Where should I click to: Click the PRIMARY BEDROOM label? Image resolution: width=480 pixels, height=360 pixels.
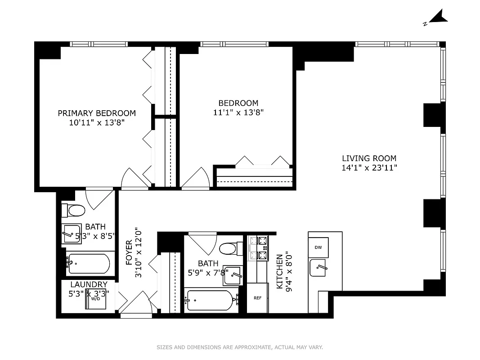pos(97,113)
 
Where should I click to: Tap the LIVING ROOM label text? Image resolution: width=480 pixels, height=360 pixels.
pos(369,158)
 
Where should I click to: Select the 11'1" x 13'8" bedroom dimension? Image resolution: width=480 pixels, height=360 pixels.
pos(238,112)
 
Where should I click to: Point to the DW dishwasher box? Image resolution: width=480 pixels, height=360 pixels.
pos(319,247)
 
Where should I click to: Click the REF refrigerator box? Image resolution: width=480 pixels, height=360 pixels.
pos(257,298)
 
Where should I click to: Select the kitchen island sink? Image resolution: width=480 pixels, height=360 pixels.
pos(319,268)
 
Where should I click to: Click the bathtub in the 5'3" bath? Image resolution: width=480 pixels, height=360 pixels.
pos(88,265)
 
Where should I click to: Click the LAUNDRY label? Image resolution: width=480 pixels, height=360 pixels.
pos(89,284)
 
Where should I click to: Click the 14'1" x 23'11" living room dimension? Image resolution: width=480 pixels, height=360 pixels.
pos(369,168)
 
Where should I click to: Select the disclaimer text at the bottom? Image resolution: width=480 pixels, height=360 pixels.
pos(240,347)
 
